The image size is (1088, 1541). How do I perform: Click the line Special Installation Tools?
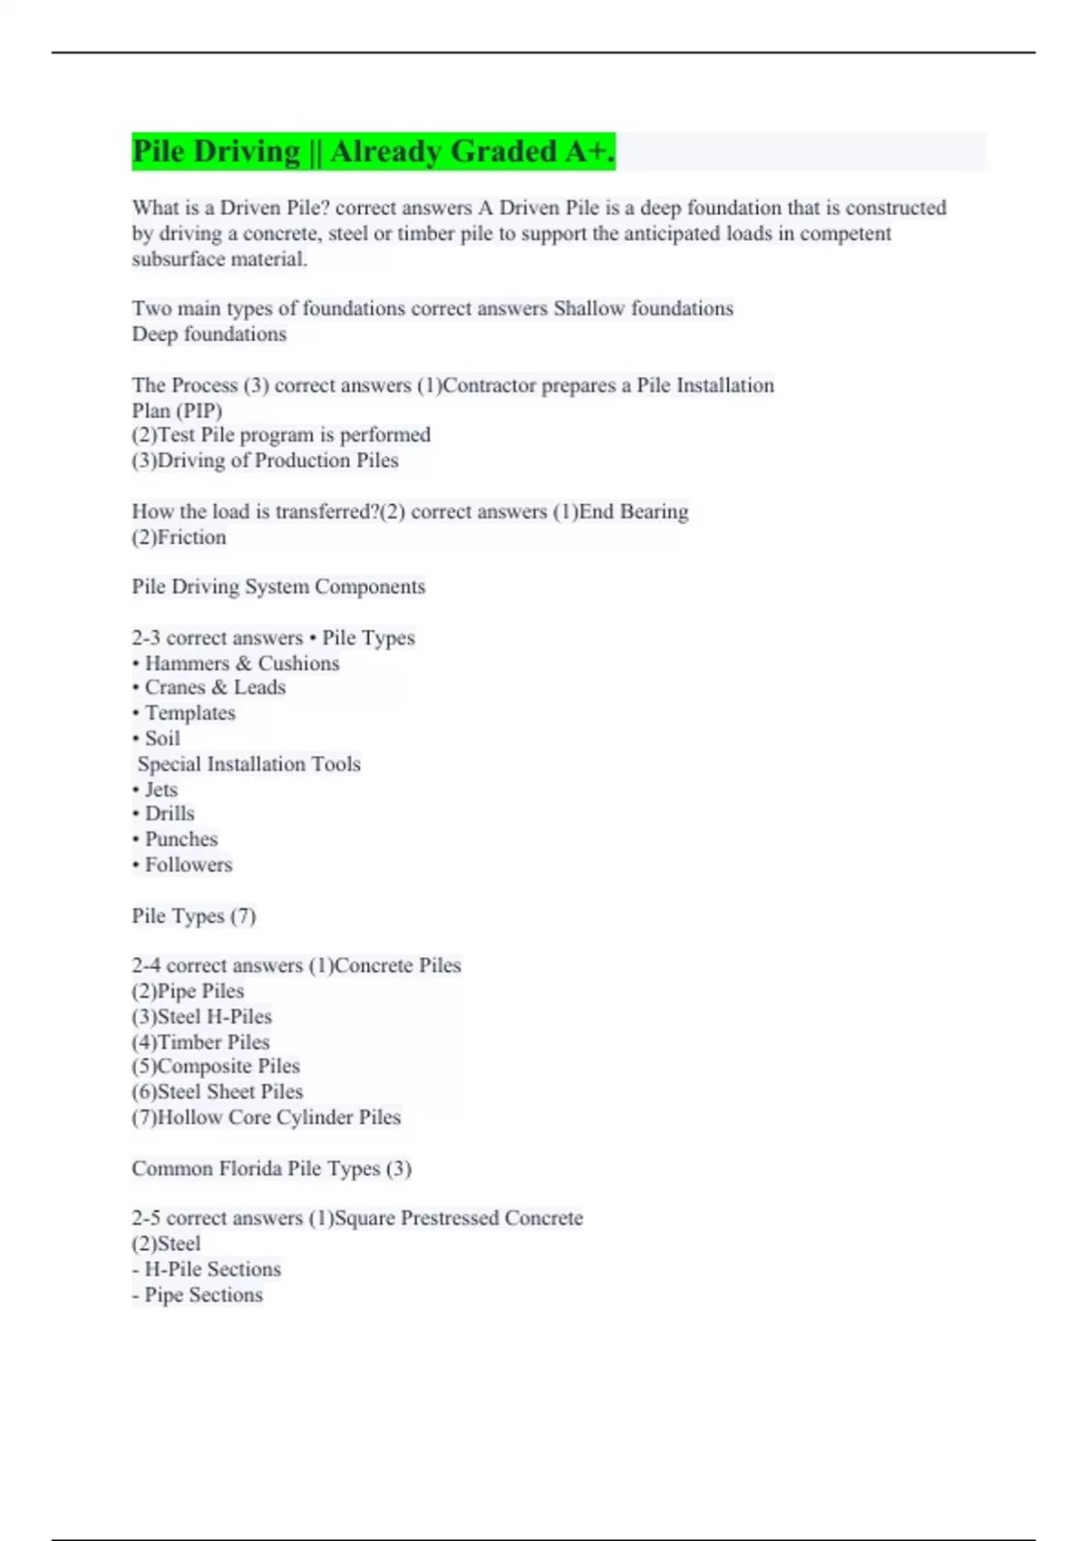(x=248, y=764)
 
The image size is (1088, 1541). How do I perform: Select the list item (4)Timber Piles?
(x=200, y=1042)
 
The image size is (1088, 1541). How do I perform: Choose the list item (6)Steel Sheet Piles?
(x=217, y=1092)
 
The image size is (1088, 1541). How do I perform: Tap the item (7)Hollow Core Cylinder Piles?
(x=266, y=1118)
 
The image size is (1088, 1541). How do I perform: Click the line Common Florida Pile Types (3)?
(x=271, y=1168)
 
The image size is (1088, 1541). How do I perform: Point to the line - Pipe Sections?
(x=198, y=1295)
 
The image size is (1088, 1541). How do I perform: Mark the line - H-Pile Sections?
(x=207, y=1269)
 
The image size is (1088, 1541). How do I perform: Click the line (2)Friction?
(x=179, y=538)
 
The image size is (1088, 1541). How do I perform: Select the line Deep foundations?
(x=209, y=334)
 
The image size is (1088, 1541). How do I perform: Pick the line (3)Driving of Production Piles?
(x=265, y=460)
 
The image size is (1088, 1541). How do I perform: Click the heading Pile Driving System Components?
(x=278, y=586)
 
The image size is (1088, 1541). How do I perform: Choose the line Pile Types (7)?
(x=194, y=916)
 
